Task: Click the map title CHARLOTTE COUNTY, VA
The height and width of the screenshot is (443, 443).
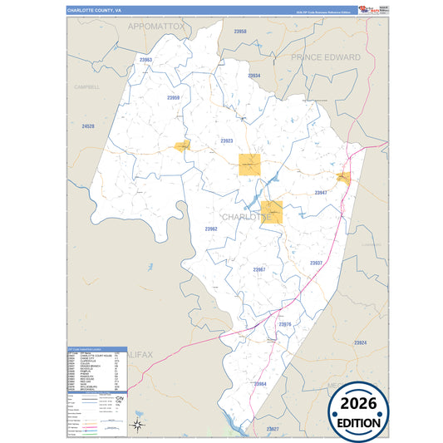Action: click(x=95, y=11)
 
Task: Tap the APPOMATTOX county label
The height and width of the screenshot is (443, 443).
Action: click(x=156, y=27)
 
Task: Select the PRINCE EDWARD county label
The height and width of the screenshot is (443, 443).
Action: click(x=326, y=57)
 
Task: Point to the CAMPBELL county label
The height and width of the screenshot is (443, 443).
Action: click(x=86, y=86)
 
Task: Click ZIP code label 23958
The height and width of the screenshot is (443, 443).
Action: click(x=240, y=31)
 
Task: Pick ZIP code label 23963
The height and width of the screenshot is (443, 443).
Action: click(x=146, y=60)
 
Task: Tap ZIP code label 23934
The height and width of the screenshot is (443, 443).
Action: click(x=254, y=76)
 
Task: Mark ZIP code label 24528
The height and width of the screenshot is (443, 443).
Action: click(x=88, y=126)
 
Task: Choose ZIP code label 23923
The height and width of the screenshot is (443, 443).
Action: click(x=227, y=141)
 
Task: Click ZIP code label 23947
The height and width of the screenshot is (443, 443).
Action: click(x=321, y=193)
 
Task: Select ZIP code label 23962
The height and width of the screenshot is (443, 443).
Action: click(x=211, y=229)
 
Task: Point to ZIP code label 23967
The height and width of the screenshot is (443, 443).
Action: click(x=259, y=270)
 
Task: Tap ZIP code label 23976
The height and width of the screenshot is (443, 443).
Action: click(x=285, y=323)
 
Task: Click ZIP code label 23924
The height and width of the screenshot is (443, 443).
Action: click(x=360, y=342)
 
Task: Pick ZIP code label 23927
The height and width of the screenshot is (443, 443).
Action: click(x=273, y=428)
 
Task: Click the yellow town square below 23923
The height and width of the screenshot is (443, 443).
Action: click(x=249, y=165)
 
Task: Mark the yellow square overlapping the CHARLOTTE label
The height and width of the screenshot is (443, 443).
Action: click(x=271, y=212)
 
